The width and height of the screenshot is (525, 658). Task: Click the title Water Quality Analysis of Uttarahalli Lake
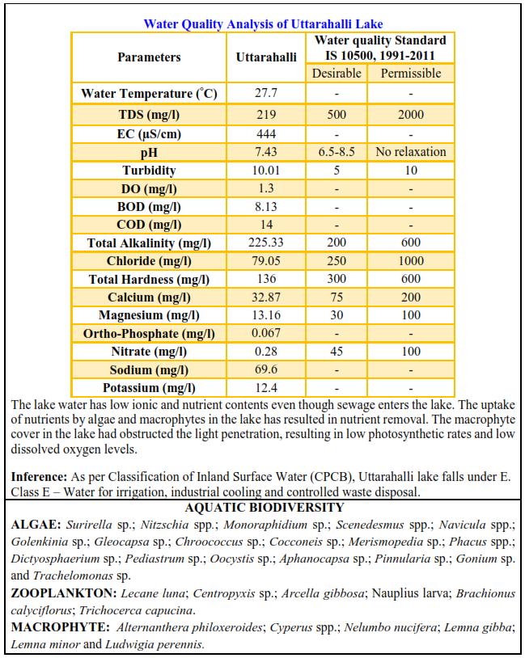(x=263, y=23)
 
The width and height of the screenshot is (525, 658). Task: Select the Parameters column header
(x=149, y=57)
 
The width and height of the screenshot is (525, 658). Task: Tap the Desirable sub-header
(x=337, y=74)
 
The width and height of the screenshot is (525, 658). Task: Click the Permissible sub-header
(x=410, y=74)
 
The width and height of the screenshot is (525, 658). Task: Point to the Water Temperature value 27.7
(x=266, y=94)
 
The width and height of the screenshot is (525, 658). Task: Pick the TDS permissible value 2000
(x=410, y=115)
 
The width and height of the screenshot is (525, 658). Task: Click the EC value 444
(x=266, y=133)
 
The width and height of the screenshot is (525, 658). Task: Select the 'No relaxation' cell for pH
(x=410, y=152)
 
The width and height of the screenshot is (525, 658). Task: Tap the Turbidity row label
(x=149, y=171)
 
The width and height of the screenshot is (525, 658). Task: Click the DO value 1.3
(x=266, y=188)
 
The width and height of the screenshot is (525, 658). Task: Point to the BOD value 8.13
(x=266, y=207)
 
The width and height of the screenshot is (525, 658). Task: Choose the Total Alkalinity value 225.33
(x=266, y=243)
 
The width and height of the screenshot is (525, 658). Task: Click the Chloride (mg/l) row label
(x=149, y=261)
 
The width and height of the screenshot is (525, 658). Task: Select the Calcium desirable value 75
(x=337, y=297)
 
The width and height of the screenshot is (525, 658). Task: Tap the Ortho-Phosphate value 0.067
(x=266, y=334)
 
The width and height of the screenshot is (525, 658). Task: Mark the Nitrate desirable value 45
(x=337, y=352)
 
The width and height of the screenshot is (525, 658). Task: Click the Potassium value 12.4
(x=266, y=388)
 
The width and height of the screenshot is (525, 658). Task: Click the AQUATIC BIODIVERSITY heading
(x=264, y=508)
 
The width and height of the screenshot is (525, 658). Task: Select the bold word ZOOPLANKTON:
(x=54, y=593)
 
